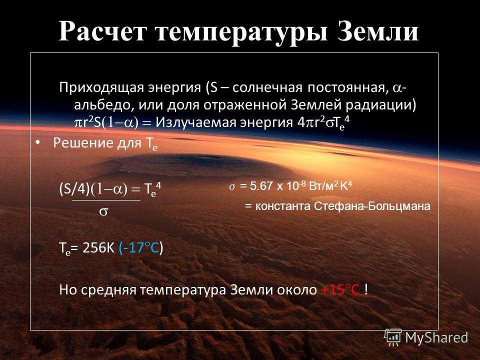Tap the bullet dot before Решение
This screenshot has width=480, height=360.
(37, 142)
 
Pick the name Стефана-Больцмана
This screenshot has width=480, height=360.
(372, 206)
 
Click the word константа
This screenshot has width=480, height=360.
(282, 206)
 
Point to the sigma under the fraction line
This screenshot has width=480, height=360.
(104, 211)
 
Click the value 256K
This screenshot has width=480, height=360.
(98, 247)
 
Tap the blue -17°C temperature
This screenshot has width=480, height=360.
(139, 247)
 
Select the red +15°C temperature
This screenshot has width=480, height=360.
(340, 289)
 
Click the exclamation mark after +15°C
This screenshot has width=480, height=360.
(366, 289)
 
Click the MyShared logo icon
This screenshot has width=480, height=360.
(393, 337)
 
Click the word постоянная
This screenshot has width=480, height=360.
(346, 88)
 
